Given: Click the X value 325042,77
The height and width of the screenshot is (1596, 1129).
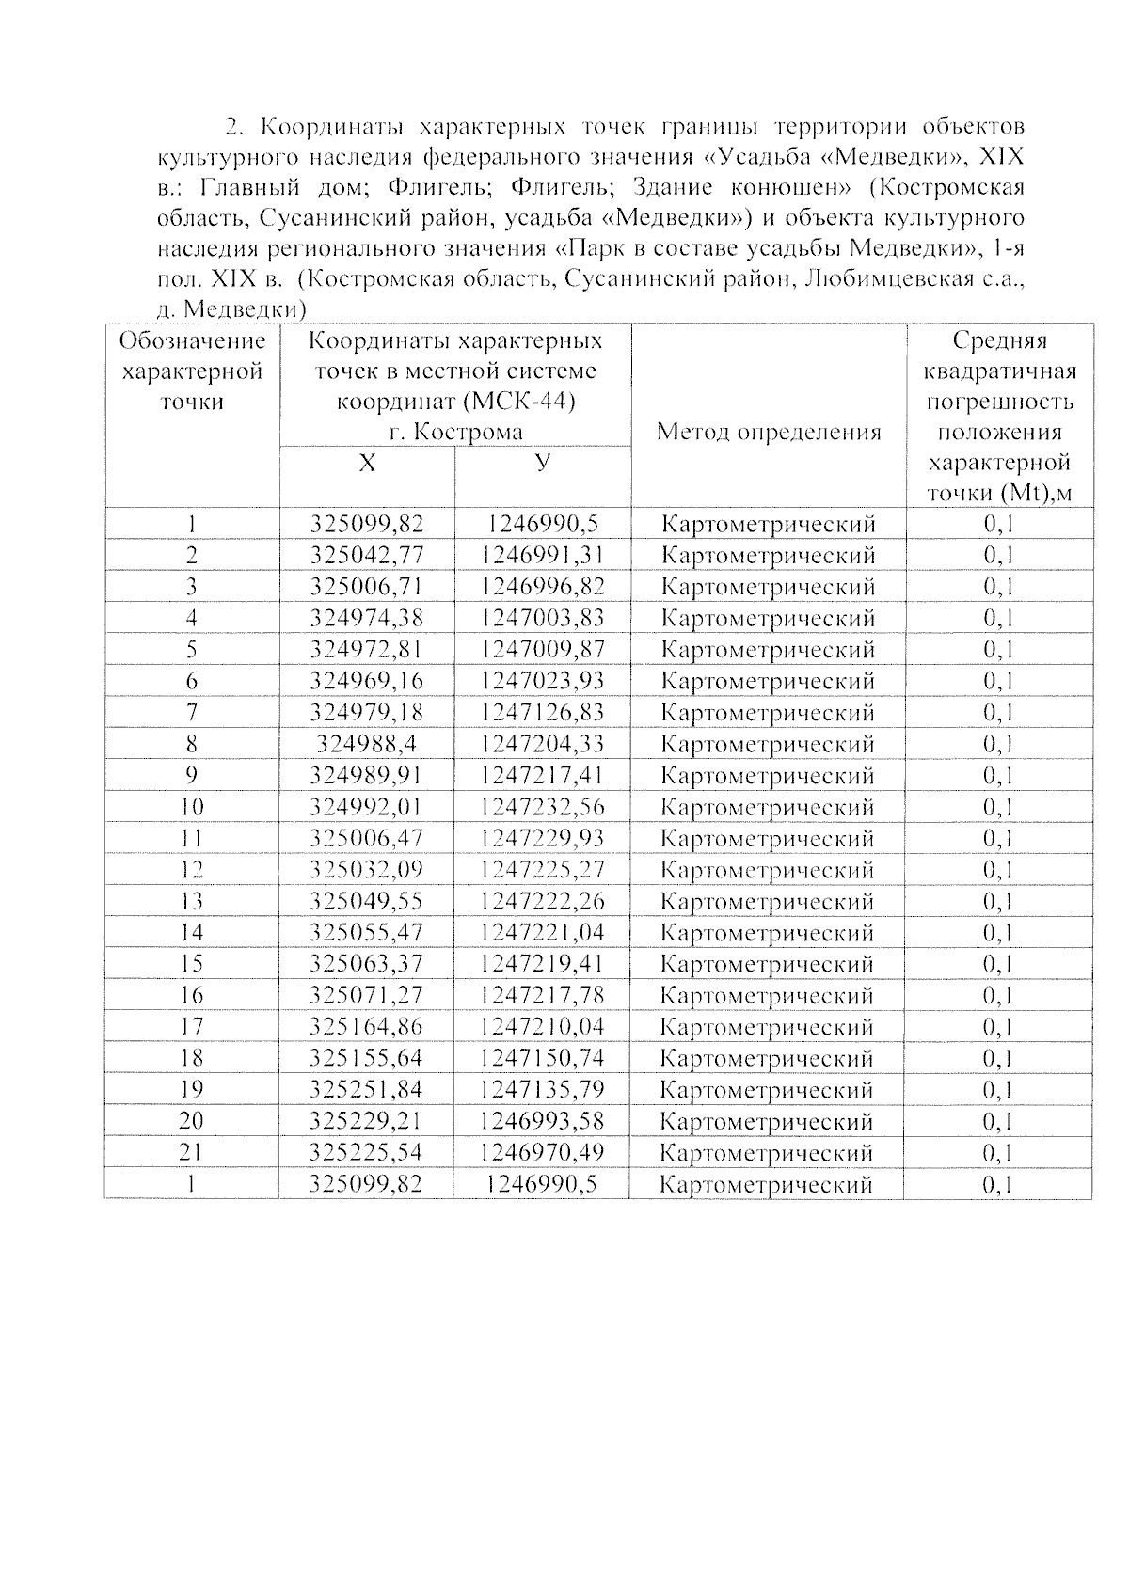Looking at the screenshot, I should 367,555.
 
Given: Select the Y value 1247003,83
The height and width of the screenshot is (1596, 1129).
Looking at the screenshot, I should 542,618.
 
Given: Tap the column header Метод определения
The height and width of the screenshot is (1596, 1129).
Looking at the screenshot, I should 768,432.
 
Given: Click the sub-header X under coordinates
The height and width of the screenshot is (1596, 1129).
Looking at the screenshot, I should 367,464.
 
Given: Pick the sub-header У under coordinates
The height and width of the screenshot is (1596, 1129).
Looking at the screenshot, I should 542,462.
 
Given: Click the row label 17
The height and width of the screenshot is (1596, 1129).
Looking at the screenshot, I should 191,1027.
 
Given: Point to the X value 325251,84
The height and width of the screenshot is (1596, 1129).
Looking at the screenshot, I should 367,1090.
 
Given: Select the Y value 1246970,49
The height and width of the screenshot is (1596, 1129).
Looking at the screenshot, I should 542,1152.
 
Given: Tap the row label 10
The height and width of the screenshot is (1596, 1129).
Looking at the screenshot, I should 191,807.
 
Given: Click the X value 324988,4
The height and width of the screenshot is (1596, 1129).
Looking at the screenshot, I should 367,744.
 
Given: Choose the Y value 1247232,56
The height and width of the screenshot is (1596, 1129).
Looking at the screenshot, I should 542,807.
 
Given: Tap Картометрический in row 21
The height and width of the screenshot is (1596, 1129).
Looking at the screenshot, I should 767,1153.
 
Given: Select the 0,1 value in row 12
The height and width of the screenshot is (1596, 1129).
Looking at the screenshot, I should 999,870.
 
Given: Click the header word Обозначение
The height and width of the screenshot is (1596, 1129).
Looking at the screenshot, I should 192,340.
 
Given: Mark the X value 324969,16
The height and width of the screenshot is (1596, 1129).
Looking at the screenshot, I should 367,681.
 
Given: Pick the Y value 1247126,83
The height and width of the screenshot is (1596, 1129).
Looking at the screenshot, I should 542,712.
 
